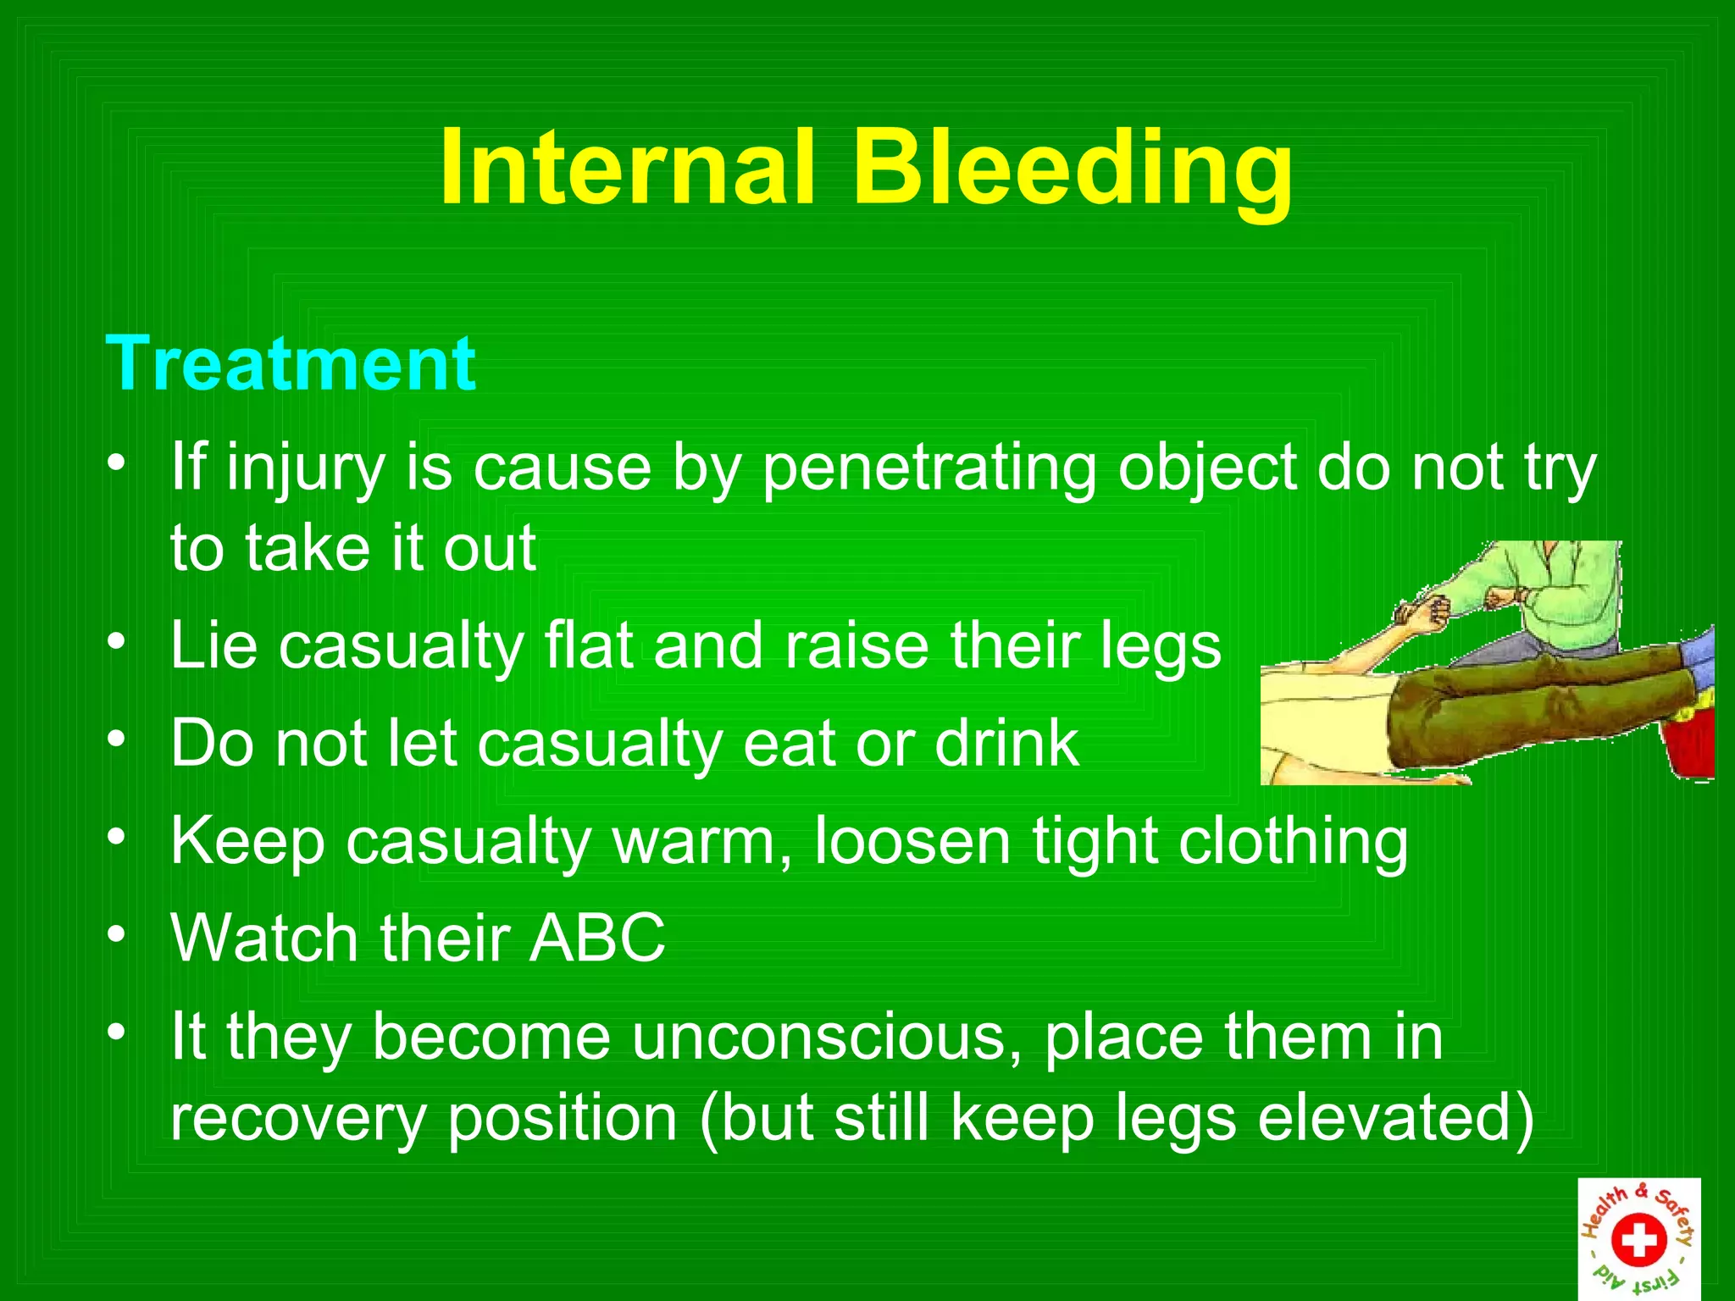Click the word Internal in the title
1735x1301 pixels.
pyautogui.click(x=627, y=167)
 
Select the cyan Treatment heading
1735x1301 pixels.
pyautogui.click(x=291, y=364)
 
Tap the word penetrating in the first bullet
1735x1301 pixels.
pyautogui.click(x=928, y=468)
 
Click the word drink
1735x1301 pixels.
pyautogui.click(x=1006, y=743)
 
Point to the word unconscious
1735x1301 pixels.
pyautogui.click(x=825, y=1037)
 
